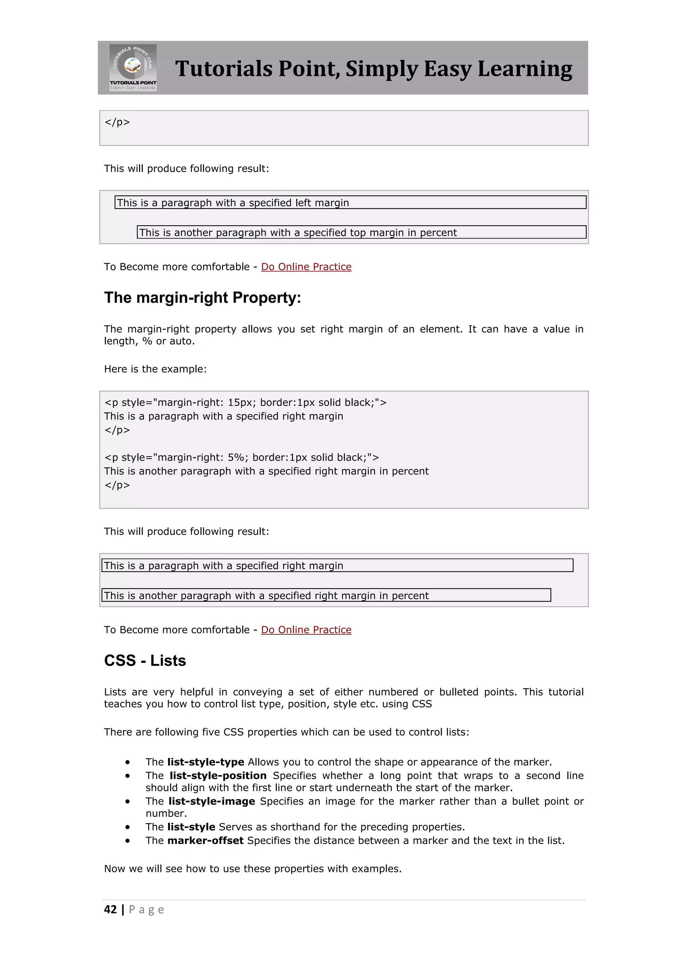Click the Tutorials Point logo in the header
click(x=133, y=68)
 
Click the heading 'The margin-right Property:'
click(x=203, y=297)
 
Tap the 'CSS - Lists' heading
click(x=145, y=660)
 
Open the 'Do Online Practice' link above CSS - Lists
click(x=306, y=630)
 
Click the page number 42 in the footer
click(x=110, y=909)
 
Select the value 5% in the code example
click(x=235, y=457)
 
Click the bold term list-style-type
click(x=206, y=762)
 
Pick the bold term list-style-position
click(x=218, y=775)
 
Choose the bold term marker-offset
click(x=206, y=841)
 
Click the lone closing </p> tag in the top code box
click(x=117, y=123)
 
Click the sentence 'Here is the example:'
click(x=155, y=369)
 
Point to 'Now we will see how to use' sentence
click(x=253, y=869)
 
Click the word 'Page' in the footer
click(x=146, y=910)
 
